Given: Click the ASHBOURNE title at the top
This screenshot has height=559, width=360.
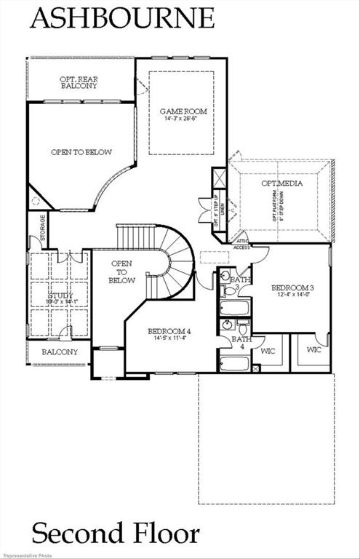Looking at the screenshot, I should pos(122,17).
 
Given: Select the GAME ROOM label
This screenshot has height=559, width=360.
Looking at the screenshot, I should pos(183,111).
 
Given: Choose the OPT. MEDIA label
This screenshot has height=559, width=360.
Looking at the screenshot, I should pos(281,183).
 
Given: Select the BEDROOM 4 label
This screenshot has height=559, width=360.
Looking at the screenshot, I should pos(169,332).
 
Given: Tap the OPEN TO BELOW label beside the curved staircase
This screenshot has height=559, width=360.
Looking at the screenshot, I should pos(122,271).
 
